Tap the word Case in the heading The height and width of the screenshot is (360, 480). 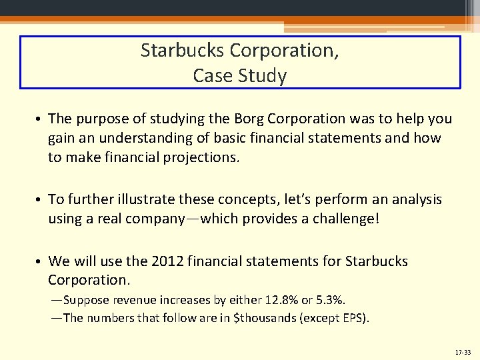click(x=210, y=75)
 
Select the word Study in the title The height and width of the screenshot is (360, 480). click(x=265, y=75)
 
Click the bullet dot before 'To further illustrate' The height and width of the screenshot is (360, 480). click(x=40, y=200)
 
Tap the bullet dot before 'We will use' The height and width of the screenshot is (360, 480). click(x=40, y=261)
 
